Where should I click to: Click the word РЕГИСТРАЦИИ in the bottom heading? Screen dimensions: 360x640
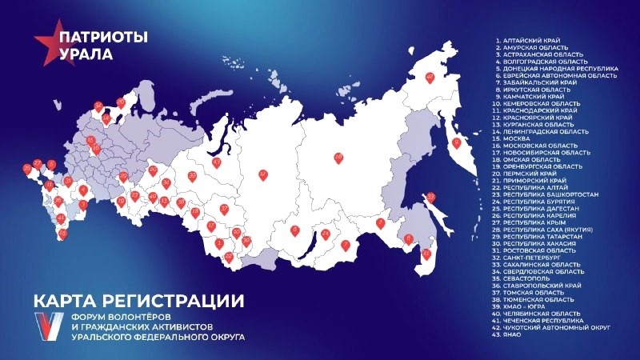183,302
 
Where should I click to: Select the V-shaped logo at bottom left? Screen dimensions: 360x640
50,326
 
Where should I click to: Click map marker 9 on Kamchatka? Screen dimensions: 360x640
458,144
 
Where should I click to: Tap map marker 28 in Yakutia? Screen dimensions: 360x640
338,158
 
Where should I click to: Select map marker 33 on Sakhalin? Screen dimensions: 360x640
430,198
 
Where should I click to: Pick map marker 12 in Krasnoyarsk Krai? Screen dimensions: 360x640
263,174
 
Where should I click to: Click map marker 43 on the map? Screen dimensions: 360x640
216,163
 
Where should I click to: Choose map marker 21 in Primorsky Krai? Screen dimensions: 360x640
426,254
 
